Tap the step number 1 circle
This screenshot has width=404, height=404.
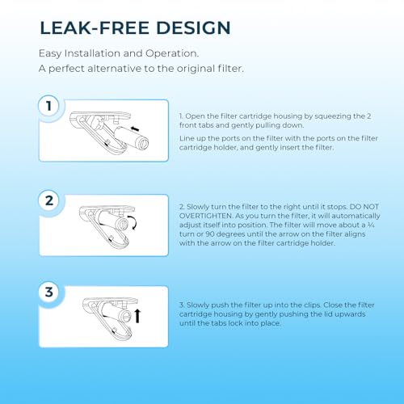tap(49, 106)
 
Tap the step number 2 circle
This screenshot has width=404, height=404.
tap(49, 200)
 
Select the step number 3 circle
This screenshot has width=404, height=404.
tap(49, 292)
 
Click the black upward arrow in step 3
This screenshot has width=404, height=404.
tap(137, 315)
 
